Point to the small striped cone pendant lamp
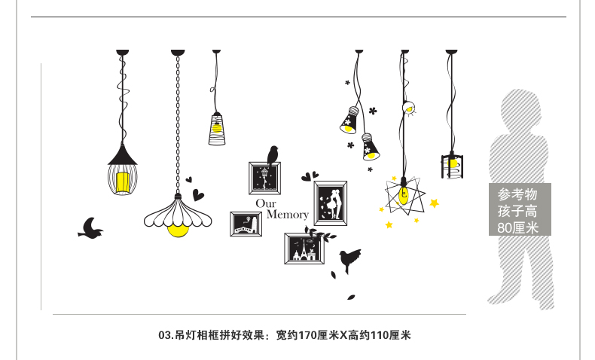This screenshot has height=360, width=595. (217, 128)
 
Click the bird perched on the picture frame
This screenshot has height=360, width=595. (273, 155)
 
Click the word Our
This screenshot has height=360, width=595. (266, 203)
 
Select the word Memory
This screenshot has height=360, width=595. (287, 215)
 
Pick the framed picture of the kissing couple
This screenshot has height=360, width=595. (330, 203)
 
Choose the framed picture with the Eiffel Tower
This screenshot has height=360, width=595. (304, 248)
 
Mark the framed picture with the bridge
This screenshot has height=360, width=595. (246, 224)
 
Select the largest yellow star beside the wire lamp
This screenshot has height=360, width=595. (434, 203)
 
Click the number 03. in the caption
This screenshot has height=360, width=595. (166, 335)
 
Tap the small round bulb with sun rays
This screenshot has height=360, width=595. (409, 108)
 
